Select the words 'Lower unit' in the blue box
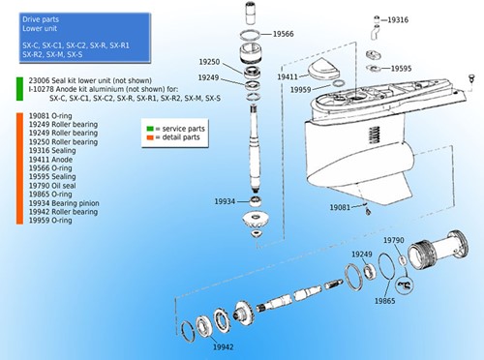(x=40, y=29)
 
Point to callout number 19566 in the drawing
(x=283, y=34)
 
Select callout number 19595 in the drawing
(x=401, y=69)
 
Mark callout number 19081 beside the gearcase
(x=341, y=207)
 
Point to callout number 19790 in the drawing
(x=395, y=239)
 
